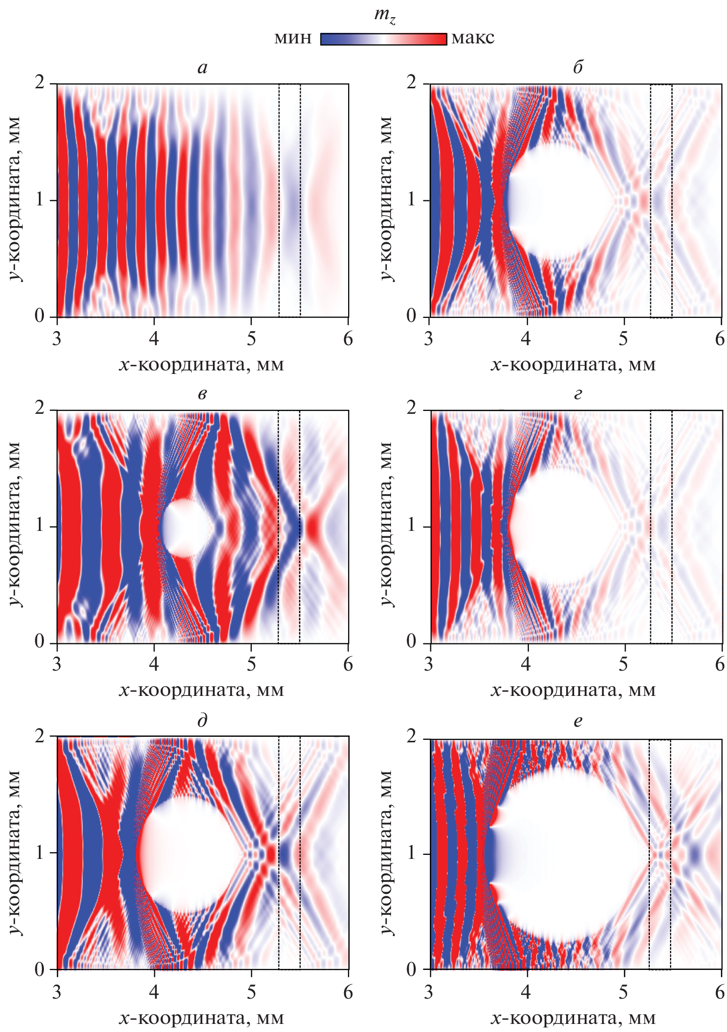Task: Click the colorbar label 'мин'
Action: click(x=293, y=38)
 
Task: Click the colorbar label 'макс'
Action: click(x=473, y=38)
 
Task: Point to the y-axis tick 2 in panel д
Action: click(x=40, y=736)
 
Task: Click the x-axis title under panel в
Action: click(x=202, y=689)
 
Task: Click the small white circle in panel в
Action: click(x=185, y=528)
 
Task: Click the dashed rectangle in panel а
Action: click(x=290, y=200)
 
